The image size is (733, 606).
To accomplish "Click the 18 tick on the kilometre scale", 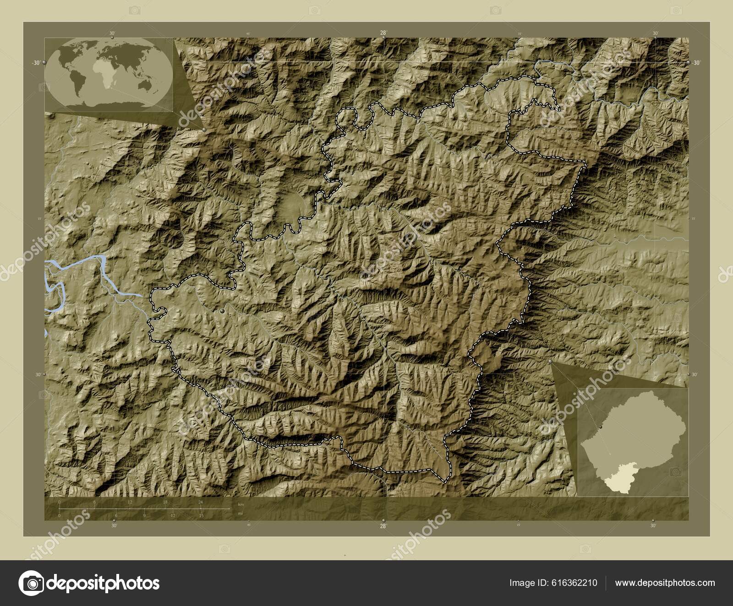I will [165, 503].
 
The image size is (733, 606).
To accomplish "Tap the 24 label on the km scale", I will [200, 502].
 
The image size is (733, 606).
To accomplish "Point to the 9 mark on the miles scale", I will [144, 515].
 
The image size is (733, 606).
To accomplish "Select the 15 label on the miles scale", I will [201, 515].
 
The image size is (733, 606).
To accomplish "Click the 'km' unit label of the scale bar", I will [241, 504].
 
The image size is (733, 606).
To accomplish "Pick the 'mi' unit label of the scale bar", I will [241, 514].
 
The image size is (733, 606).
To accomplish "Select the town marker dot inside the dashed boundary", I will [223, 311].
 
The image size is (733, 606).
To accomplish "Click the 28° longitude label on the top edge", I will [383, 33].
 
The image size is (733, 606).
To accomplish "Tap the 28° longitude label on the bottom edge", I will [383, 526].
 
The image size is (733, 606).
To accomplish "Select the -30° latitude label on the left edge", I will [36, 63].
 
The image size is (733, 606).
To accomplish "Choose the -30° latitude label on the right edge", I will [696, 63].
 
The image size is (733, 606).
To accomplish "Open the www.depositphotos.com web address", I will [665, 583].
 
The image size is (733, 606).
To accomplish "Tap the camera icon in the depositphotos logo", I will [31, 583].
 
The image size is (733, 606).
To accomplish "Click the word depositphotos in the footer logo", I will [103, 583].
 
